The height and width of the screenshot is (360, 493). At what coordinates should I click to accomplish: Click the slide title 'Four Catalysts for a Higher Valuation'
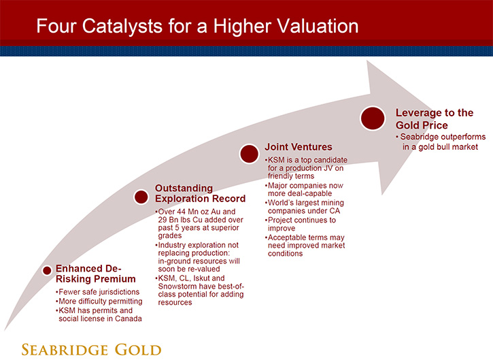point(197,26)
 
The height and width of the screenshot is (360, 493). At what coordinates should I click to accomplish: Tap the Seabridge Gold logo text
point(91,350)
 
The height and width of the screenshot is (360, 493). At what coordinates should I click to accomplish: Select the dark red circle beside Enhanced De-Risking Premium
point(47,270)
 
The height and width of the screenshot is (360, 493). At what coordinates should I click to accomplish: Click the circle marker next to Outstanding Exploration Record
point(141,197)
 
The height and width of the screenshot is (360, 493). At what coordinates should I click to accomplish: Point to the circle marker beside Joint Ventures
point(249,154)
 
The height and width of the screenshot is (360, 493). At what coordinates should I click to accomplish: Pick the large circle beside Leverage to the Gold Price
point(373,118)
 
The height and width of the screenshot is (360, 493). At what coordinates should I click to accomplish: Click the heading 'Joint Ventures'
point(299,146)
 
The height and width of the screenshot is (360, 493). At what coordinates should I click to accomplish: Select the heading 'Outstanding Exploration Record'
point(200,193)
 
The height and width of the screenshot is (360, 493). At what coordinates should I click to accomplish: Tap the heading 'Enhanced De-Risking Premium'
point(96,274)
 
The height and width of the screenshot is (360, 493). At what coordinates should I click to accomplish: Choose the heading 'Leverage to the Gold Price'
point(435,118)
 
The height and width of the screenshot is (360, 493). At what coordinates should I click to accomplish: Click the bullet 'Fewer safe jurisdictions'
point(97,292)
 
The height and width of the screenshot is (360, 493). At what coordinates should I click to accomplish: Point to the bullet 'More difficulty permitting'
point(99,301)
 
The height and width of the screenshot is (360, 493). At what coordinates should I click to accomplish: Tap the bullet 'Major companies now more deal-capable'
point(304,189)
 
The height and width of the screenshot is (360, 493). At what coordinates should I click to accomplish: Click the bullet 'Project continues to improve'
point(301,224)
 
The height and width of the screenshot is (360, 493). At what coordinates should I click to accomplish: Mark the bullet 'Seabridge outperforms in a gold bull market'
point(441,142)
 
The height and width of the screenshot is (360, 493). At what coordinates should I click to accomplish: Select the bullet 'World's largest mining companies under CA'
point(305,207)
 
